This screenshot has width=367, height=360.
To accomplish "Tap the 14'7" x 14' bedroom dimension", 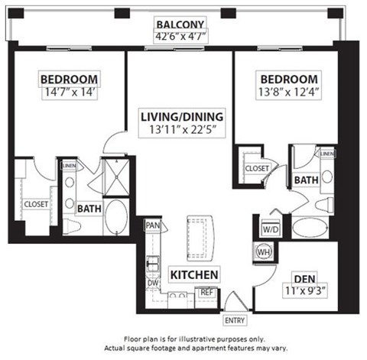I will point(68,90).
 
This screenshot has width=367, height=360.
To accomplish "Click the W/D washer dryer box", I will point(270,228).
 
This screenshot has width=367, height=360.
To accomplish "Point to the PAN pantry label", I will point(152,227).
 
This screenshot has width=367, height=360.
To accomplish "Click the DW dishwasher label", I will point(152,281).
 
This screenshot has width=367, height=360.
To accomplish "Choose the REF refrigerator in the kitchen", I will point(206,292).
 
